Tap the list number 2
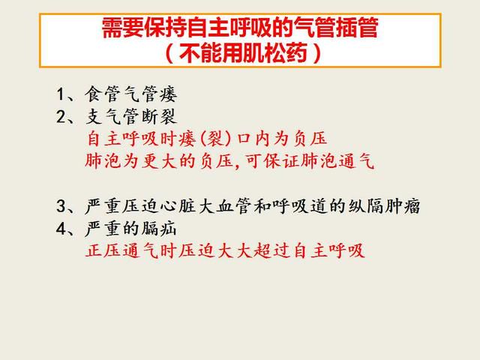[61, 117]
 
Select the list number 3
[61, 205]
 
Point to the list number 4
[61, 229]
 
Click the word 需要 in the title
[123, 28]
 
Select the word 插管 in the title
[357, 28]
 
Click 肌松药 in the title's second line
[275, 53]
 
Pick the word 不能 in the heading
[200, 53]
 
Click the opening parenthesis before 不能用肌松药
[169, 53]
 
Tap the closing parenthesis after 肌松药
[317, 53]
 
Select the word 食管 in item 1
[103, 94]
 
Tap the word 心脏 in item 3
[178, 205]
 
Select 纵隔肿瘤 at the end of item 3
[384, 205]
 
